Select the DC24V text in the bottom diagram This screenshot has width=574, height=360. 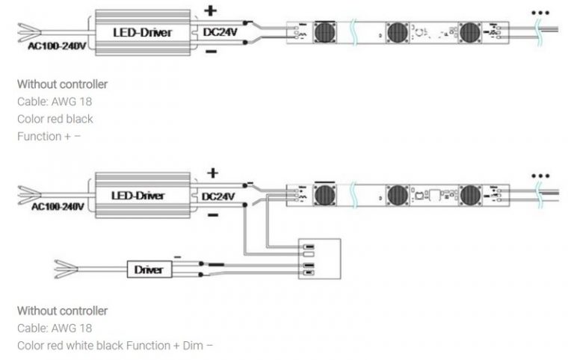point(218,196)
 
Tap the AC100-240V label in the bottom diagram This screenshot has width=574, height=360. point(57,205)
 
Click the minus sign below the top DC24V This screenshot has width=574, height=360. point(211,52)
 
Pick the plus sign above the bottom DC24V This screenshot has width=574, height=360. point(212,173)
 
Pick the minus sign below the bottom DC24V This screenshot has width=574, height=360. point(212,215)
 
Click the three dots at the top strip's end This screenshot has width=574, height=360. point(540,13)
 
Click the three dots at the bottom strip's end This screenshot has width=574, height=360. point(540,177)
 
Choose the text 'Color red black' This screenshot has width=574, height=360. point(55,119)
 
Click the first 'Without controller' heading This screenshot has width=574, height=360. point(62,84)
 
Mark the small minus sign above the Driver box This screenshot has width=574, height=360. point(177,255)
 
